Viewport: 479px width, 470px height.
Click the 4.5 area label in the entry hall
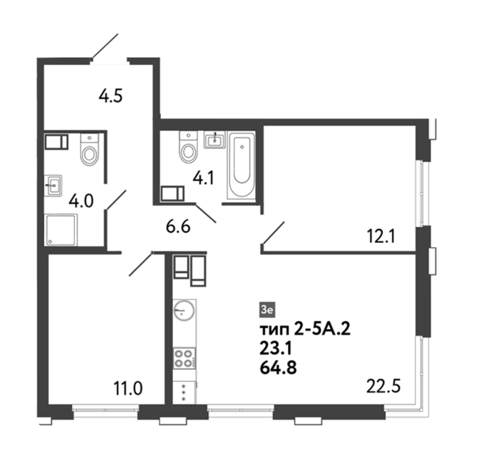[x=111, y=96]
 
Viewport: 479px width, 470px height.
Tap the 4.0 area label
[x=81, y=201]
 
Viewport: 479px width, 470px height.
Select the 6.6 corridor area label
[x=178, y=227]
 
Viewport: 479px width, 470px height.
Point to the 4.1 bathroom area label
[x=204, y=179]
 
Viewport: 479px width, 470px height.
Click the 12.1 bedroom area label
[x=381, y=236]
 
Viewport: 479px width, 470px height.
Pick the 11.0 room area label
[x=128, y=389]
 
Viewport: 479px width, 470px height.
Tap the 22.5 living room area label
[x=383, y=386]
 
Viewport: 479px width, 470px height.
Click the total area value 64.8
[x=278, y=368]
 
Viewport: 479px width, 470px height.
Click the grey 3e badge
[x=267, y=310]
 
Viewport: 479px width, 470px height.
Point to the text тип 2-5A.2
[x=305, y=330]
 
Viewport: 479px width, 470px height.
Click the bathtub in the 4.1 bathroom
[x=242, y=165]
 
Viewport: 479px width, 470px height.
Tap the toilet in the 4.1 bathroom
[x=189, y=147]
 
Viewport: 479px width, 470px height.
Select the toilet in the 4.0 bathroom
[x=89, y=150]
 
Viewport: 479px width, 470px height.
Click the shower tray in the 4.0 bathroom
[x=61, y=230]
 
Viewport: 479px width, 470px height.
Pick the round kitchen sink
[x=183, y=310]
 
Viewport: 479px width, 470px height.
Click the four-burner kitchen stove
[x=184, y=359]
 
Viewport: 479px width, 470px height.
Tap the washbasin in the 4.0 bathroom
[x=54, y=185]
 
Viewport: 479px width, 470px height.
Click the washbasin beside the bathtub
[x=215, y=140]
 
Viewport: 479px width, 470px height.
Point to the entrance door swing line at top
[x=105, y=46]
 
